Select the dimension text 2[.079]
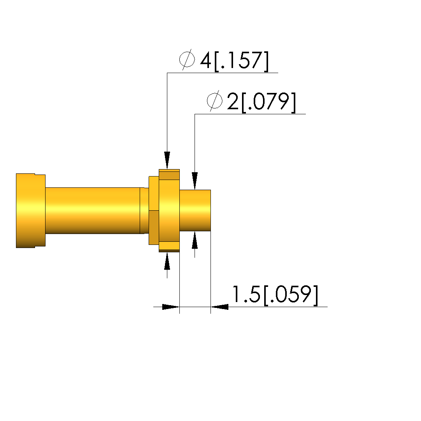pos(261,102)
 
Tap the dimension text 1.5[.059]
pos(275,294)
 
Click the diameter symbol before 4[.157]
pos(187,59)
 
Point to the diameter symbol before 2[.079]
pos(215,101)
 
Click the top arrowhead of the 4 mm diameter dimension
pos(167,160)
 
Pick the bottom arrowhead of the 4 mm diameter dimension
pos(167,261)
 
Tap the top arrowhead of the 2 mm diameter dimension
pos(195,181)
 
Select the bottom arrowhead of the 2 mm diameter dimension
pos(195,240)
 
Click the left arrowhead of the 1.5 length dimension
pos(171,307)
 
